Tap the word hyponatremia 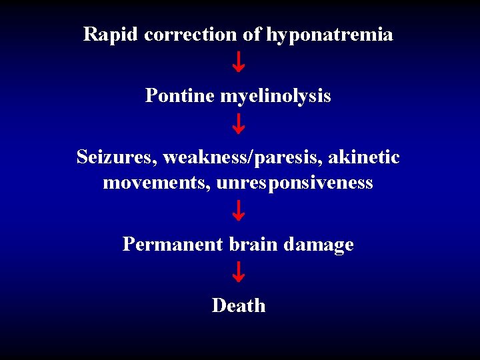pyautogui.click(x=329, y=35)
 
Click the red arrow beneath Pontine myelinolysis pyautogui.click(x=239, y=123)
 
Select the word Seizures pyautogui.click(x=115, y=158)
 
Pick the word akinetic pyautogui.click(x=364, y=157)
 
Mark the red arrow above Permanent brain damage pyautogui.click(x=239, y=211)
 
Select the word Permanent pyautogui.click(x=173, y=245)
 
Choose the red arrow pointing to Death pyautogui.click(x=239, y=272)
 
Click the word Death pyautogui.click(x=239, y=305)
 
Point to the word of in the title pyautogui.click(x=251, y=34)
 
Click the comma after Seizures pyautogui.click(x=157, y=163)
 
